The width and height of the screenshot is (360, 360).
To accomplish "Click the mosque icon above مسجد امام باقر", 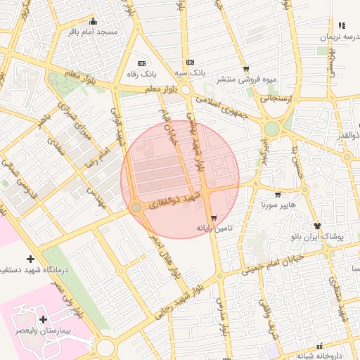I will coord(94,21).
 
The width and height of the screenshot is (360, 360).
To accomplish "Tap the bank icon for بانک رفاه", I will coord(141,63).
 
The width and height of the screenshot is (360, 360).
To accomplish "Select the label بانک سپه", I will coord(191,72).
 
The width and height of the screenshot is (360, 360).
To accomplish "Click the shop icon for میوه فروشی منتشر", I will coord(245,69).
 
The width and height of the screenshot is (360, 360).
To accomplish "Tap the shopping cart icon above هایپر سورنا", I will coord(278,195).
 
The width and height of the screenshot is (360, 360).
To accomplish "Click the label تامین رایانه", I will coord(214,229).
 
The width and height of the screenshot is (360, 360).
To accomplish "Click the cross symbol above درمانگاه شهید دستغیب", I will coord(30,259).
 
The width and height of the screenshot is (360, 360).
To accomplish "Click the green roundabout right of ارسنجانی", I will coord(271,129).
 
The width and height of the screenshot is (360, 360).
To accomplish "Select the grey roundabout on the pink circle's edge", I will coord(136,207).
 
